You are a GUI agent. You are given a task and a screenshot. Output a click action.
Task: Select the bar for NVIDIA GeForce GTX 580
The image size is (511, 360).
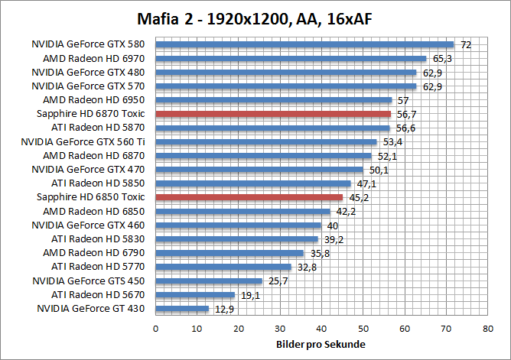point(304,44)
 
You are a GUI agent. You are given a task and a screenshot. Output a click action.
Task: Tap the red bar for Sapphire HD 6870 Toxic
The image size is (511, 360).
point(273,114)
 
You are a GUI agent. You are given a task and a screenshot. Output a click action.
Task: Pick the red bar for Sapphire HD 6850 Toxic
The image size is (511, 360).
point(249,197)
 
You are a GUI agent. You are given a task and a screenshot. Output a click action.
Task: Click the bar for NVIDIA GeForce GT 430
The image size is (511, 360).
point(182,309)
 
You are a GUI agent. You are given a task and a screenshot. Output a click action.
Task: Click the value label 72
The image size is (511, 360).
point(465,45)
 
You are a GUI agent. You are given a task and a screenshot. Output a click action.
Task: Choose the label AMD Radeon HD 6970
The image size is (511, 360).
point(94,58)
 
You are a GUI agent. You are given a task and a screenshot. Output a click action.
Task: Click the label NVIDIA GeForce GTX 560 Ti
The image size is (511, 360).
point(83,141)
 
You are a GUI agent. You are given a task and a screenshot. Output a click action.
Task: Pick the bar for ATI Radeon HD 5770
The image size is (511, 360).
point(223,267)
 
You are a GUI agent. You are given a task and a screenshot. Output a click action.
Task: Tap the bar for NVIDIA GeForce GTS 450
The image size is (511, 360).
point(209,281)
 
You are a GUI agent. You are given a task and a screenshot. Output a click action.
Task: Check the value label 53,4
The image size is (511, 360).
point(392,142)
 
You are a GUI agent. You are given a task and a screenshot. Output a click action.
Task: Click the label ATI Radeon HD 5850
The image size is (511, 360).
point(98,183)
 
